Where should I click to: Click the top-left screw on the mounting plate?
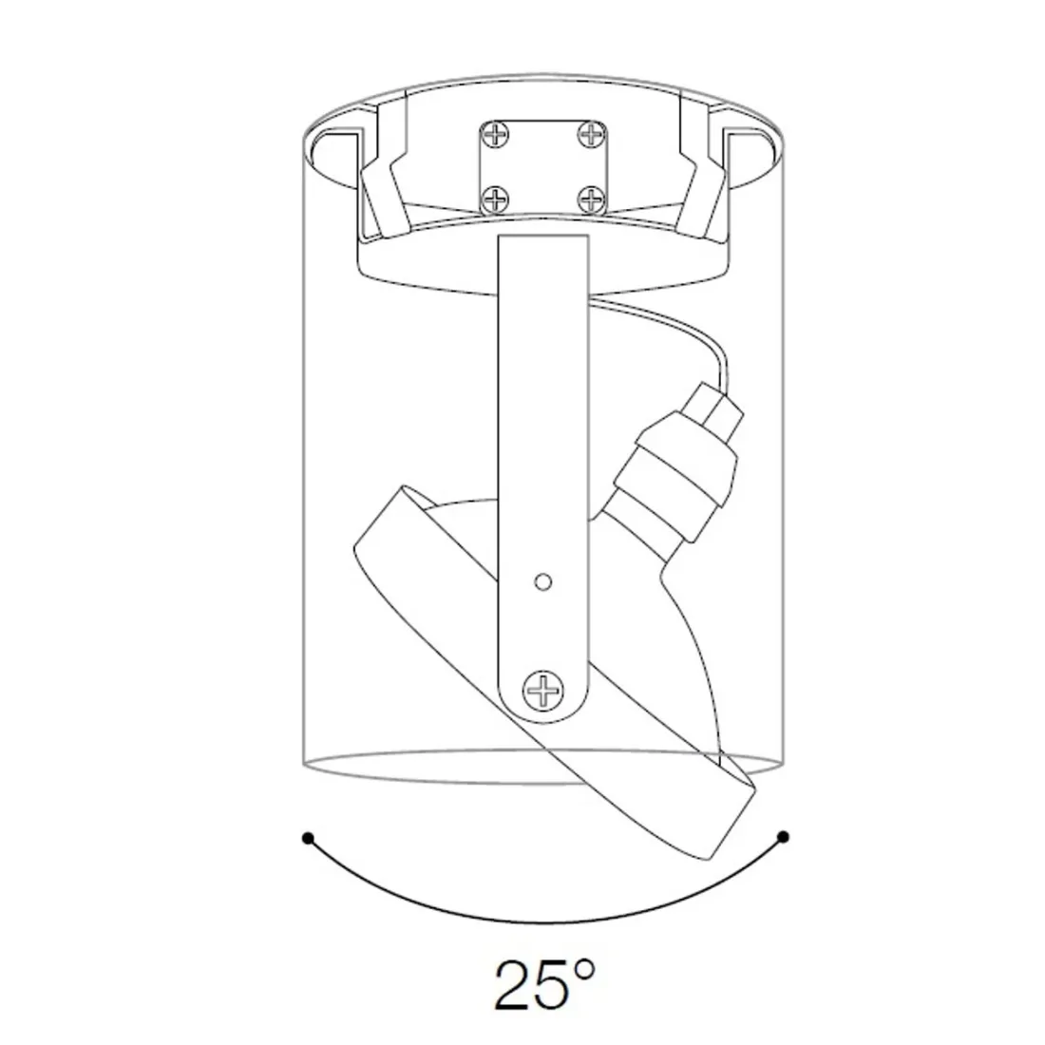click(x=496, y=135)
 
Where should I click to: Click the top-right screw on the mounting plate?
click(x=591, y=135)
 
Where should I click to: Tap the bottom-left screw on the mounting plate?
click(x=496, y=199)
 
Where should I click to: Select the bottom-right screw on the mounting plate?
click(x=591, y=199)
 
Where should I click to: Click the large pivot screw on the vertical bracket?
click(x=543, y=691)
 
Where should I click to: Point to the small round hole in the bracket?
click(x=543, y=581)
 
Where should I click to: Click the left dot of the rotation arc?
click(x=307, y=837)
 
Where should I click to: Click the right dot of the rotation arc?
click(x=784, y=836)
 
